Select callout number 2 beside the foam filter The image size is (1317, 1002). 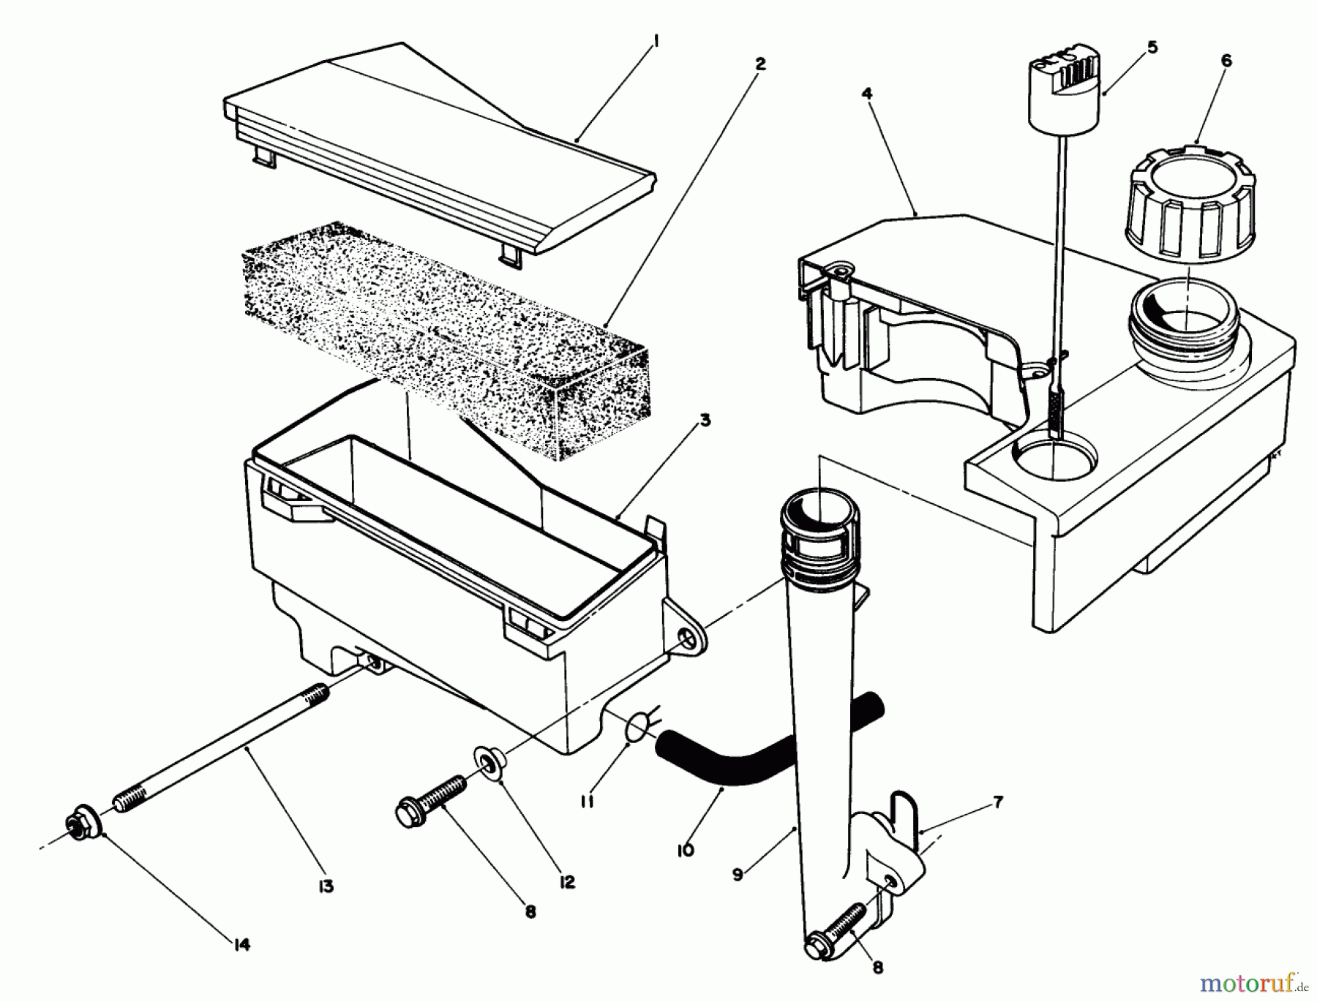click(760, 64)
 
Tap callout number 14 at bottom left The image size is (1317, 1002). click(242, 945)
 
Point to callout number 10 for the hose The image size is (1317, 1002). click(686, 851)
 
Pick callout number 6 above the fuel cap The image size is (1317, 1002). click(1226, 61)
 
